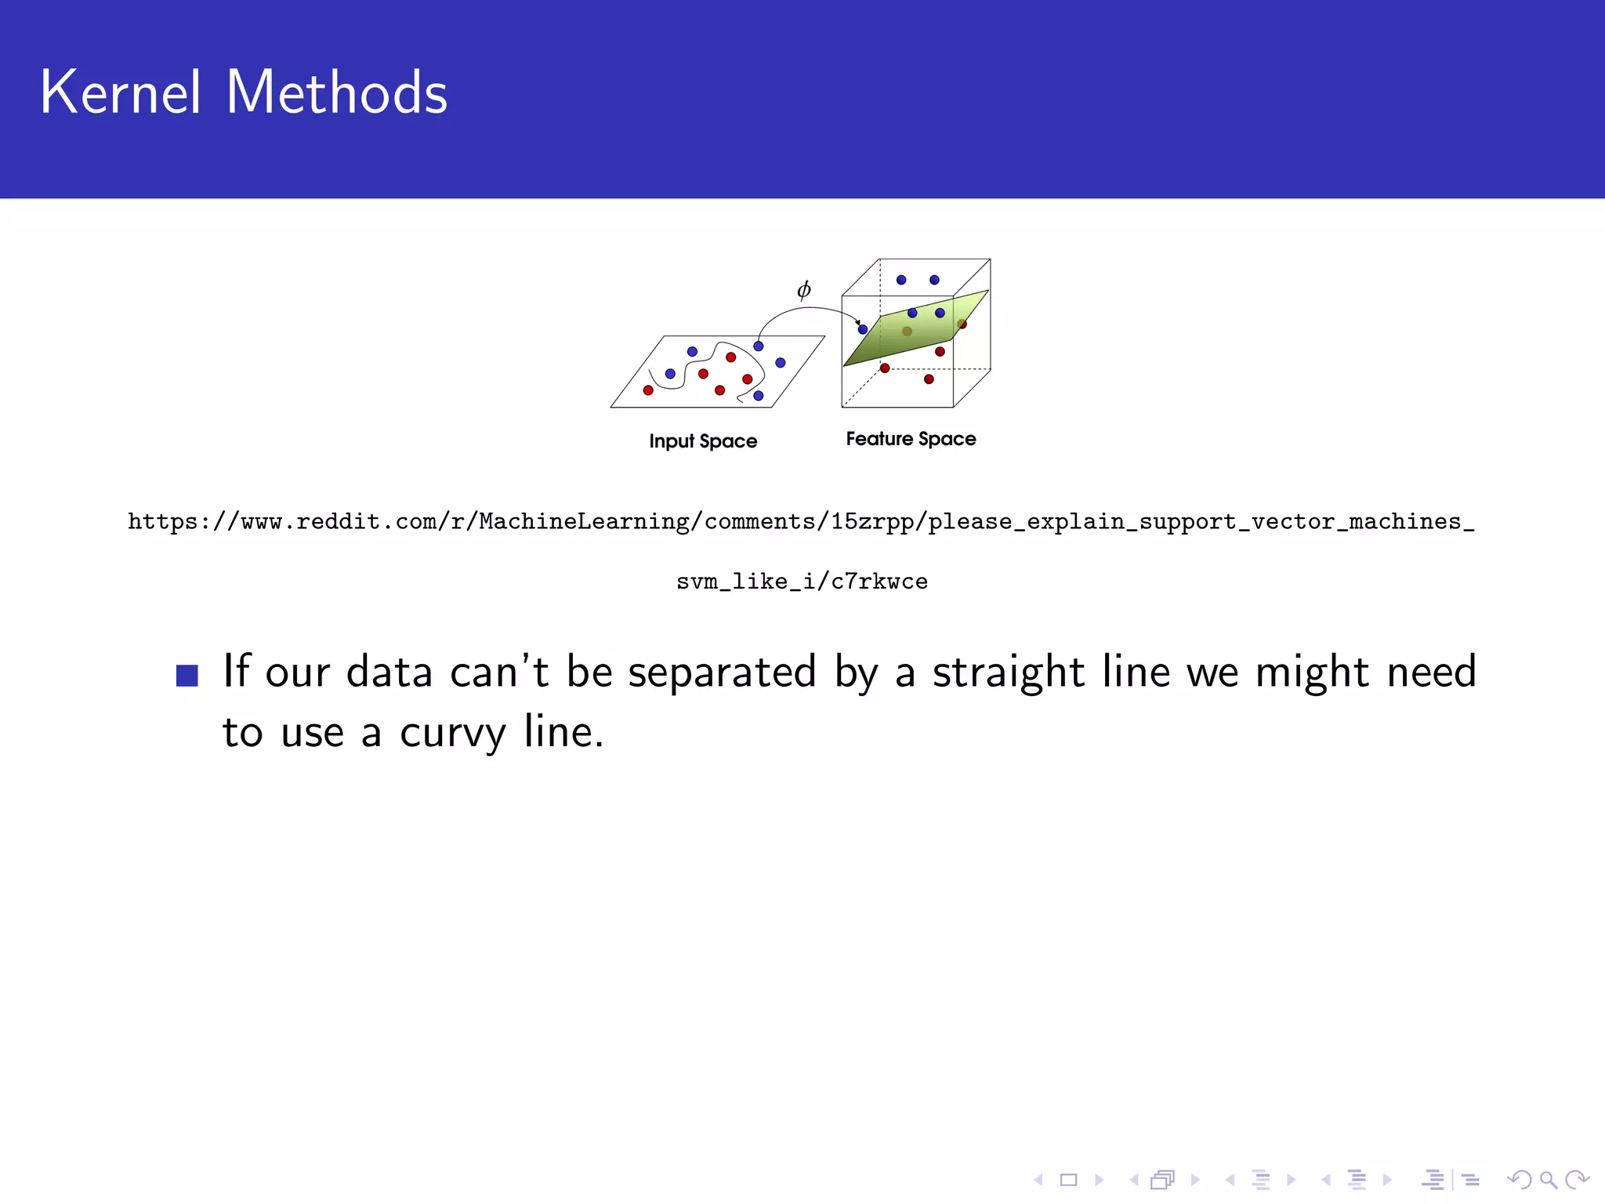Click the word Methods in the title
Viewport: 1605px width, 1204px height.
pyautogui.click(x=337, y=92)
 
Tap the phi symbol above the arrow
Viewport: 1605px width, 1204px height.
pyautogui.click(x=803, y=290)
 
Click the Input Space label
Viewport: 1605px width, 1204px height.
pyautogui.click(x=703, y=441)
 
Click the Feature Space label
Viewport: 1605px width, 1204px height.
pyautogui.click(x=911, y=439)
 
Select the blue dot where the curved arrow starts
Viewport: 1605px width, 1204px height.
pyautogui.click(x=759, y=346)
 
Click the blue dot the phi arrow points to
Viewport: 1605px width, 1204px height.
pyautogui.click(x=863, y=329)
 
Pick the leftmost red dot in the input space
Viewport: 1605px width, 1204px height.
pyautogui.click(x=648, y=390)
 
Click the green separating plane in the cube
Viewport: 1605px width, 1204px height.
pyautogui.click(x=917, y=333)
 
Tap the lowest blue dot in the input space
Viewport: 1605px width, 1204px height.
pyautogui.click(x=759, y=396)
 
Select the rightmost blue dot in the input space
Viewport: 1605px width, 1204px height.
pyautogui.click(x=781, y=362)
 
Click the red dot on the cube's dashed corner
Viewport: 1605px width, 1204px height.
pyautogui.click(x=885, y=368)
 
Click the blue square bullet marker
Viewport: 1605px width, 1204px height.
pyautogui.click(x=187, y=675)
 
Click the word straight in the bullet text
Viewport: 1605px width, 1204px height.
pyautogui.click(x=1009, y=673)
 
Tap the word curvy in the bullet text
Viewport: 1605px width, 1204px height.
pyautogui.click(x=453, y=733)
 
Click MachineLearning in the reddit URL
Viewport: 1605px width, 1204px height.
pyautogui.click(x=584, y=521)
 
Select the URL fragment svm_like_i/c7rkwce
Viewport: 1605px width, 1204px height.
pyautogui.click(x=802, y=582)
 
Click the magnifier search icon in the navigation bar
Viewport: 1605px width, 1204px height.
pyautogui.click(x=1548, y=1180)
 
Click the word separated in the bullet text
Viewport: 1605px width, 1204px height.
pyautogui.click(x=722, y=673)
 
